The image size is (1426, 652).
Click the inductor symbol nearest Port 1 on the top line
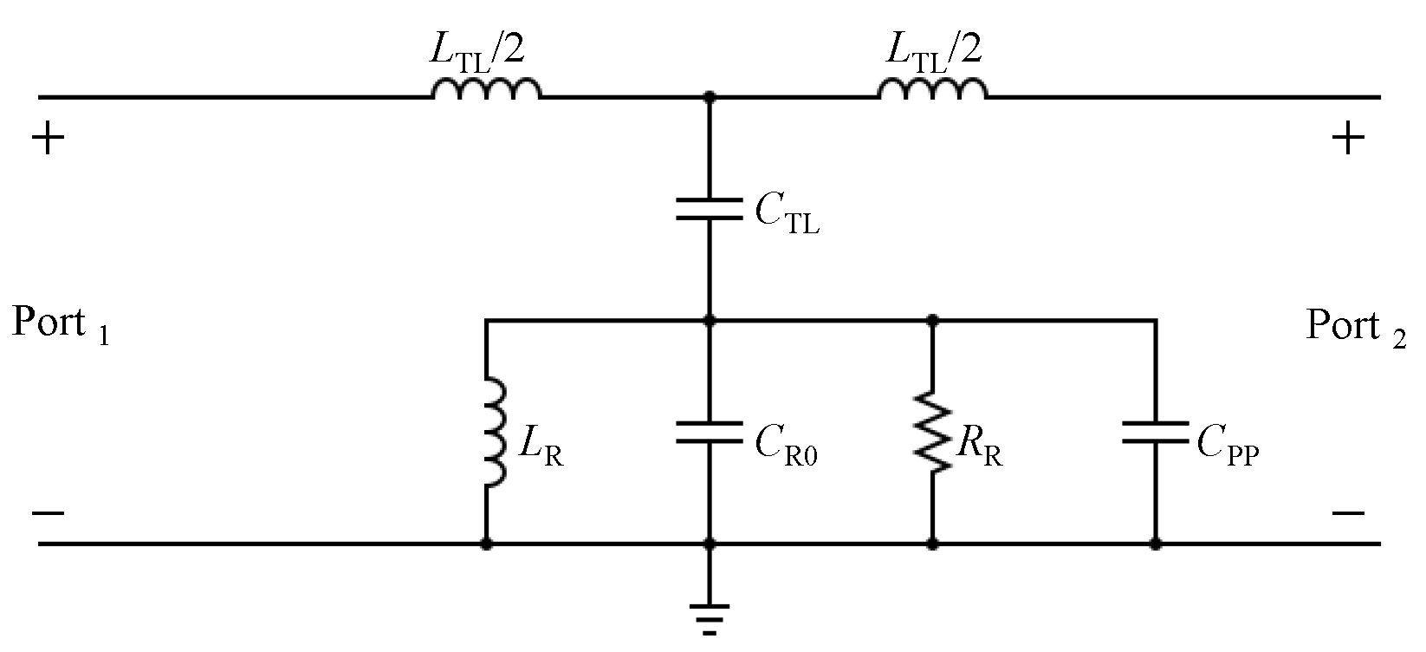[487, 89]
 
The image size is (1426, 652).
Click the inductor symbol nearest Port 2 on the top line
[933, 89]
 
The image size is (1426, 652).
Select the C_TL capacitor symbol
[710, 209]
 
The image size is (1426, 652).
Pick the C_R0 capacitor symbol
[710, 433]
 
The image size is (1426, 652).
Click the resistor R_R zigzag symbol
[933, 433]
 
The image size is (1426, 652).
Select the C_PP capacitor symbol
[1155, 433]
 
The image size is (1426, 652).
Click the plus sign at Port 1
[49, 139]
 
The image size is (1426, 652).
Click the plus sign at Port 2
[1348, 139]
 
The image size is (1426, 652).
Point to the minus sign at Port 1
[49, 513]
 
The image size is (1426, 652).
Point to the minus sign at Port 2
[1348, 513]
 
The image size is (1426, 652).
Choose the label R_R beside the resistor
[979, 447]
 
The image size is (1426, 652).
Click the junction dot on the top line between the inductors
[710, 97]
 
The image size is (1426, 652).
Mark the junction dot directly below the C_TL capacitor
[710, 320]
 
